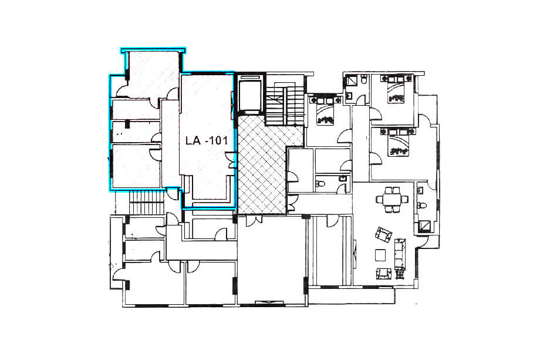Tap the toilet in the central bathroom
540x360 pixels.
320,184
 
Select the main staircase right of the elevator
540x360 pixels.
284,100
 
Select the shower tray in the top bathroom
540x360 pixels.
352,81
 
